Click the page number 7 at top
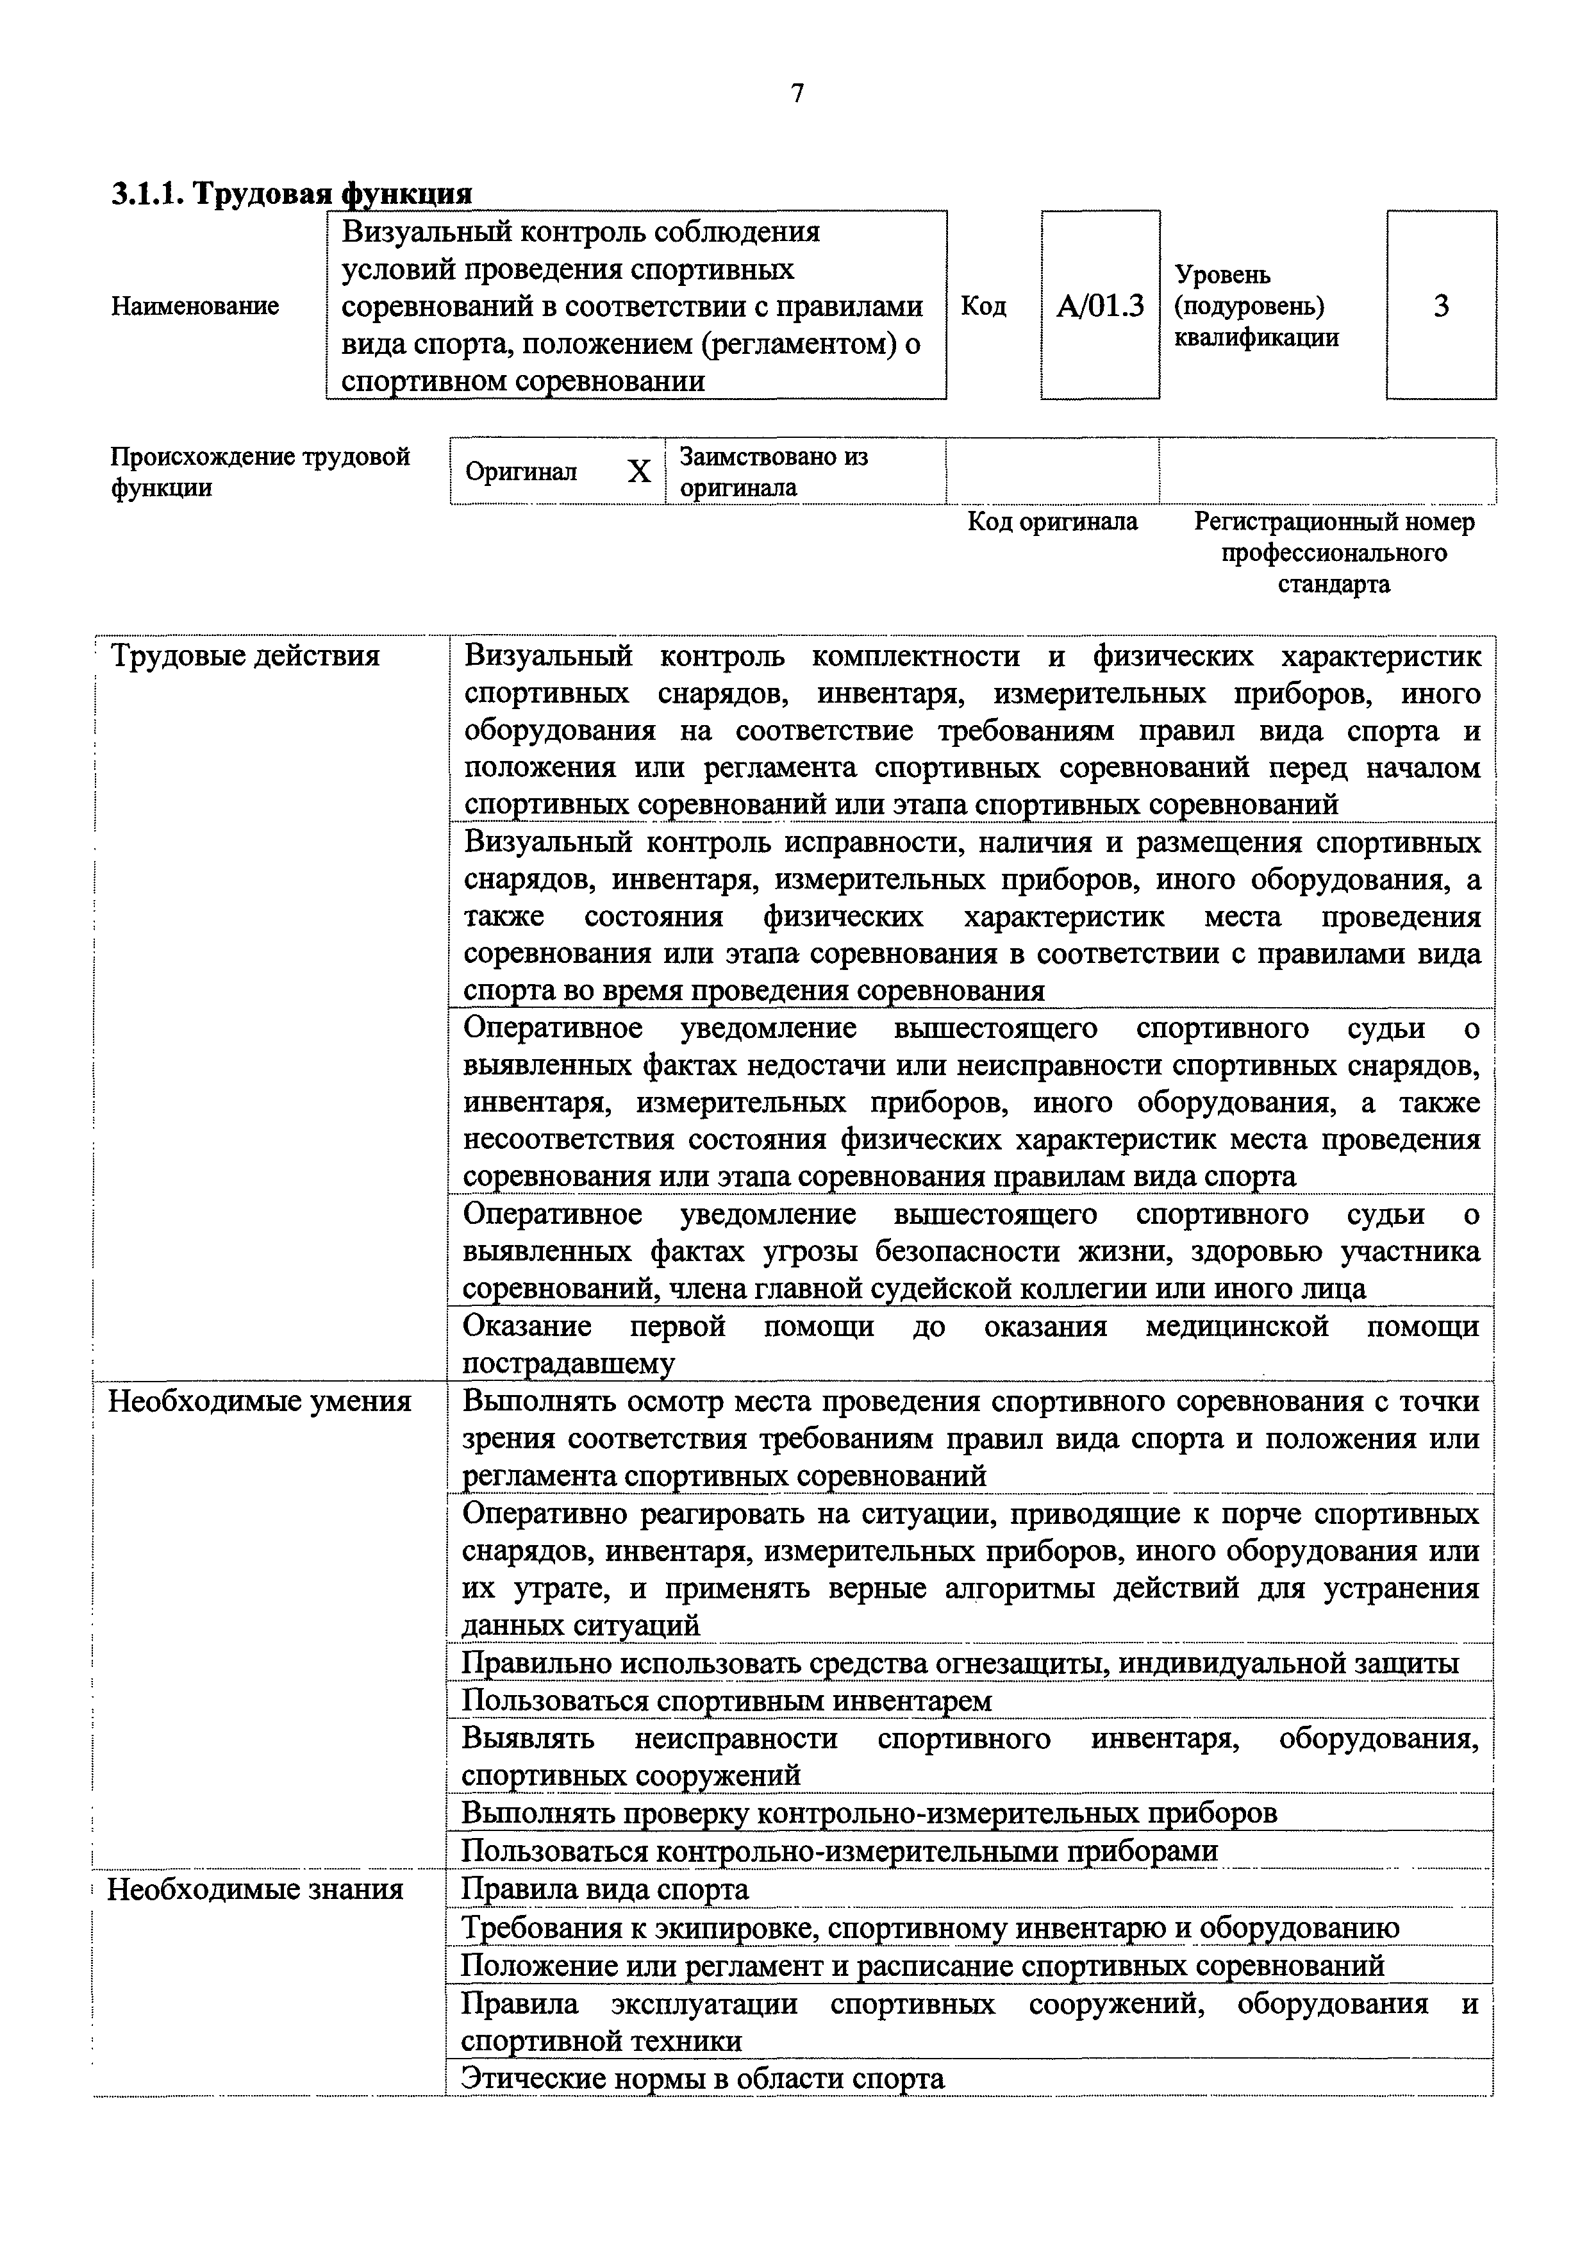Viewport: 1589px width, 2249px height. (x=797, y=94)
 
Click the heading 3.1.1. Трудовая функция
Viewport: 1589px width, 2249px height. (x=292, y=193)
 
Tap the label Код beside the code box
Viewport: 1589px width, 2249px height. (x=983, y=306)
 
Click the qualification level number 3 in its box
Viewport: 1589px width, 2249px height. (x=1440, y=306)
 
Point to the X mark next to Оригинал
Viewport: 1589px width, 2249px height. (x=638, y=472)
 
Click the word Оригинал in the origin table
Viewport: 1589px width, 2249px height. (x=521, y=472)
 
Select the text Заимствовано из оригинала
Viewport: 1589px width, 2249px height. (x=774, y=472)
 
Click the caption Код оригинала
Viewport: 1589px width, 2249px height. (x=1052, y=522)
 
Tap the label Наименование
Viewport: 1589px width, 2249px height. (x=195, y=306)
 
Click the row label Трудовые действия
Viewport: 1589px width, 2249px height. (x=245, y=655)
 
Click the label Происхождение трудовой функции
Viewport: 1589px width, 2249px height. (x=260, y=472)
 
